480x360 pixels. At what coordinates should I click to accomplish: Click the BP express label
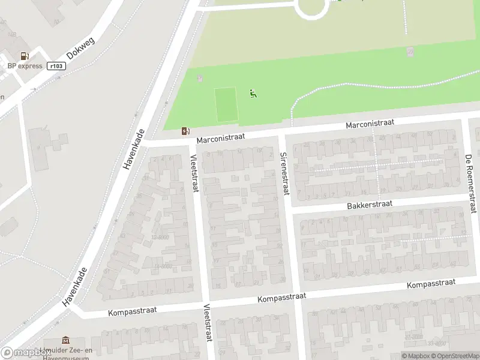(25, 66)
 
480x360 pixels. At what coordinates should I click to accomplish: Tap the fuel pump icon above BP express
(25, 56)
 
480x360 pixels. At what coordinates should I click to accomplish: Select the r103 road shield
(55, 66)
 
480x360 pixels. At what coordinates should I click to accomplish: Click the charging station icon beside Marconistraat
(186, 131)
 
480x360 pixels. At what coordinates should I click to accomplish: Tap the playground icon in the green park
(253, 93)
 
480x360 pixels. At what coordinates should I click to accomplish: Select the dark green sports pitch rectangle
(226, 104)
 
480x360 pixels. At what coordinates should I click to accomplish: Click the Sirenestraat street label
(284, 172)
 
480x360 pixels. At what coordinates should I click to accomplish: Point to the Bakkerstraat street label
(369, 205)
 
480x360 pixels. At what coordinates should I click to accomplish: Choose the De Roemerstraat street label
(470, 183)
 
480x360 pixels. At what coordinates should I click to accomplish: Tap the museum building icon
(65, 341)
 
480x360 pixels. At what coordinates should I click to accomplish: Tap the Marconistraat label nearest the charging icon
(221, 137)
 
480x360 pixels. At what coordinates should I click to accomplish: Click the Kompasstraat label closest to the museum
(133, 311)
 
